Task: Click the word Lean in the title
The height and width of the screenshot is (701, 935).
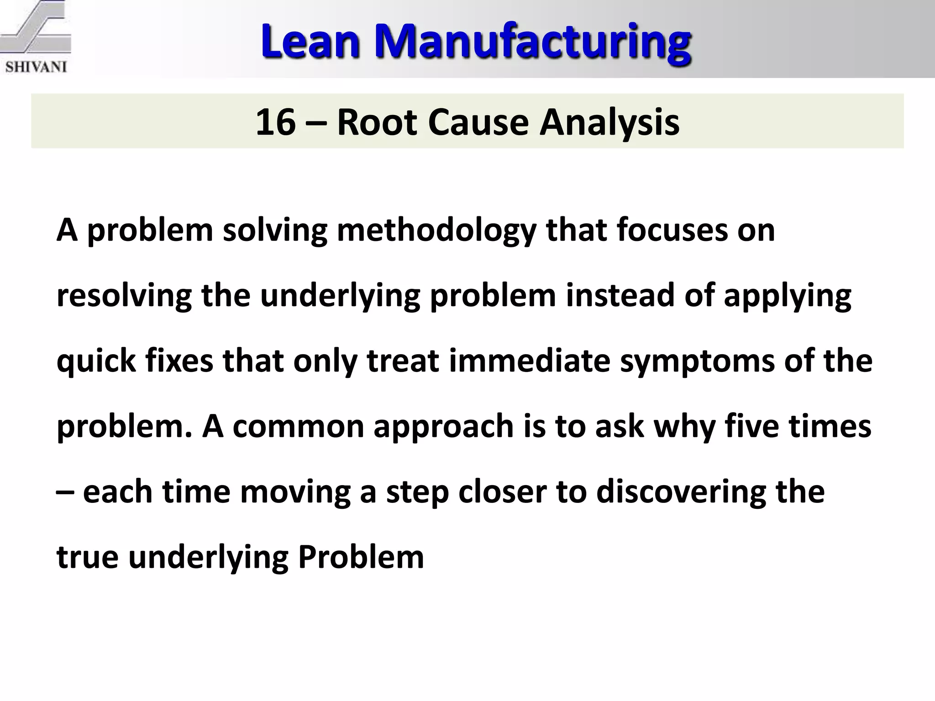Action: point(310,42)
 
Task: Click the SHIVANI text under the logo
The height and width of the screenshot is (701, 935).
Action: point(36,67)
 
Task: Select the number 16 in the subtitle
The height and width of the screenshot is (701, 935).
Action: point(275,122)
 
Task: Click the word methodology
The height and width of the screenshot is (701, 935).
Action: point(436,230)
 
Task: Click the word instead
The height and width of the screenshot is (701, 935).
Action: point(620,295)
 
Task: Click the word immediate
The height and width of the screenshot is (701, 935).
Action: point(530,361)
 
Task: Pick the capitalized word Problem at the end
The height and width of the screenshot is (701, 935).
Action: point(361,557)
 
